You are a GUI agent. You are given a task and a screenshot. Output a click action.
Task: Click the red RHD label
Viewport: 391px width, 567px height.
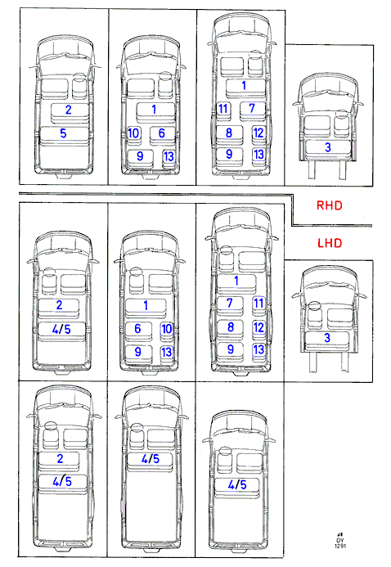[x=329, y=205]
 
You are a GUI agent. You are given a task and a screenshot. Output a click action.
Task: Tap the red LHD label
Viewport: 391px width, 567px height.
[x=330, y=243]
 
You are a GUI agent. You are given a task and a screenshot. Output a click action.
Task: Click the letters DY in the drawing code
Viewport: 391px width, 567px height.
[x=339, y=540]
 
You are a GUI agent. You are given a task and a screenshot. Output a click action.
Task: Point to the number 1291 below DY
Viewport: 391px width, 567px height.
[x=340, y=545]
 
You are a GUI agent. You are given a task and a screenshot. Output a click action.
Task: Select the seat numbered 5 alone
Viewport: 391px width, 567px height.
[x=63, y=133]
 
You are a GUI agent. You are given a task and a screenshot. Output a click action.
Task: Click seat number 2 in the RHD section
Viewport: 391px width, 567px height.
[x=68, y=110]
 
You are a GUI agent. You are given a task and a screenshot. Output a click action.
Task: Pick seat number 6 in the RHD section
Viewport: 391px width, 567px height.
[x=161, y=133]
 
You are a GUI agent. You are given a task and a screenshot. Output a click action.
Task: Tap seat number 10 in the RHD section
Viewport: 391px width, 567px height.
[x=133, y=133]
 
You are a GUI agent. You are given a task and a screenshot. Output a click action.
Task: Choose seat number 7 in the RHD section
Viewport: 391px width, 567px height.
[x=252, y=108]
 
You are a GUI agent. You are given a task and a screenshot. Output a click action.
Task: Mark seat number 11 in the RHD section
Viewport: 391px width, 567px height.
[x=223, y=108]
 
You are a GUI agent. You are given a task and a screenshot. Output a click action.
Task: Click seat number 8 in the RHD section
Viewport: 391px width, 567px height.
[x=229, y=133]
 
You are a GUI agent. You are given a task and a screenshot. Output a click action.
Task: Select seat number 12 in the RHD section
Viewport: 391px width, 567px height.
[x=258, y=133]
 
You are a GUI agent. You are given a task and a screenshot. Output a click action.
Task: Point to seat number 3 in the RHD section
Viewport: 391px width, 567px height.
[x=328, y=147]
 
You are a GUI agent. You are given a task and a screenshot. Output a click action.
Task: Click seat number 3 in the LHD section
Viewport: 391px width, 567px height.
[x=327, y=338]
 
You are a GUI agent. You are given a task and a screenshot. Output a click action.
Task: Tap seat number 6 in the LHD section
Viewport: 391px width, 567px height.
[x=137, y=329]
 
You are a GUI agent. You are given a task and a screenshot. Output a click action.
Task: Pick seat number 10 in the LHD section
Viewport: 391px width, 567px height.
[x=167, y=329]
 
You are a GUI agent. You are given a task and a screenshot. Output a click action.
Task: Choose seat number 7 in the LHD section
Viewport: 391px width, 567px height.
[x=230, y=303]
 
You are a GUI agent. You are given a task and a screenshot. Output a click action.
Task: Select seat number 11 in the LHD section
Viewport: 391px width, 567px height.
[x=258, y=303]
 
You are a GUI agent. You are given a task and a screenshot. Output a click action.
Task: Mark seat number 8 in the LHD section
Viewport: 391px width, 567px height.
[x=231, y=327]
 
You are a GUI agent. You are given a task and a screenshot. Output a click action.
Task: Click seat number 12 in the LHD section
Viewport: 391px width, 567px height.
[x=258, y=327]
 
